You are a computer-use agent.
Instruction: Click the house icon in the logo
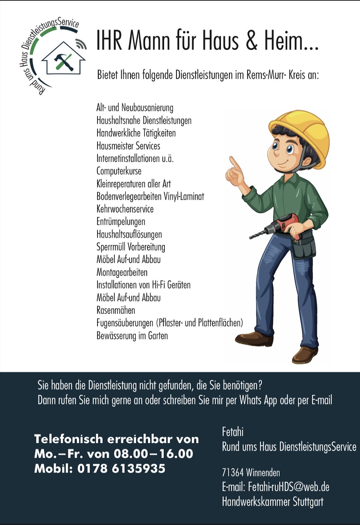click(63, 59)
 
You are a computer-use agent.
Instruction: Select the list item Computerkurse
click(119, 171)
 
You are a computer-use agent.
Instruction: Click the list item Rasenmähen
click(116, 310)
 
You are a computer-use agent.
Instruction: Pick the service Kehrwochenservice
click(125, 209)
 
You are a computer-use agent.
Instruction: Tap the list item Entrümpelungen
click(120, 222)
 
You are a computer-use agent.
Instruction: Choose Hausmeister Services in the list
click(128, 146)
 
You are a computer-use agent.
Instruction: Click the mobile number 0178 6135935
click(121, 468)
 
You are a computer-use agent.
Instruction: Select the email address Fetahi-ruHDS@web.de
click(288, 487)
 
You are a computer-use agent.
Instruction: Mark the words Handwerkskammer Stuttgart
click(272, 501)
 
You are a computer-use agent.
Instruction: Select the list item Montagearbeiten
click(122, 272)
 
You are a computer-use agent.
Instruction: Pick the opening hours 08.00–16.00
click(153, 454)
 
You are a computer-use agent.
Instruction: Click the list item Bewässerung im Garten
click(132, 336)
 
